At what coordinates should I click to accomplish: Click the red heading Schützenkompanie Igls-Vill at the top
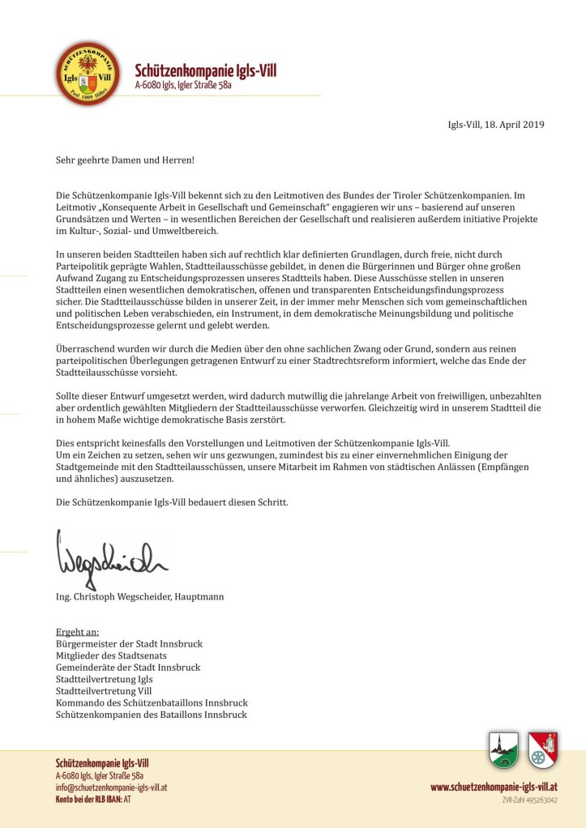point(205,71)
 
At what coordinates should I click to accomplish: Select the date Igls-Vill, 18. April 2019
point(495,125)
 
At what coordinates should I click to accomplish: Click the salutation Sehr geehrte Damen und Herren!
point(125,160)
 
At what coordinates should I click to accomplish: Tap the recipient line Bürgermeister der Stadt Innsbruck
point(129,644)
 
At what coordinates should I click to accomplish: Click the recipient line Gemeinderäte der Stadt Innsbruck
point(127,668)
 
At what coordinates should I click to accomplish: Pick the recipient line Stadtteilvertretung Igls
point(104,679)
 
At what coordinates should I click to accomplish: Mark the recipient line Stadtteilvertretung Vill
point(103,691)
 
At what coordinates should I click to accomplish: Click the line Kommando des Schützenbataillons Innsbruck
point(152,702)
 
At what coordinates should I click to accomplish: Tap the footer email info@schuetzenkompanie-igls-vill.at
point(111,787)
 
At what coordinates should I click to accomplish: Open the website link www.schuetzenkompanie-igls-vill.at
point(494,787)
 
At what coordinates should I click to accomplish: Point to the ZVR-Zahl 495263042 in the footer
point(530,800)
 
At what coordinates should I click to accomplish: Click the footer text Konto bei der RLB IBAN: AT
point(93,800)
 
